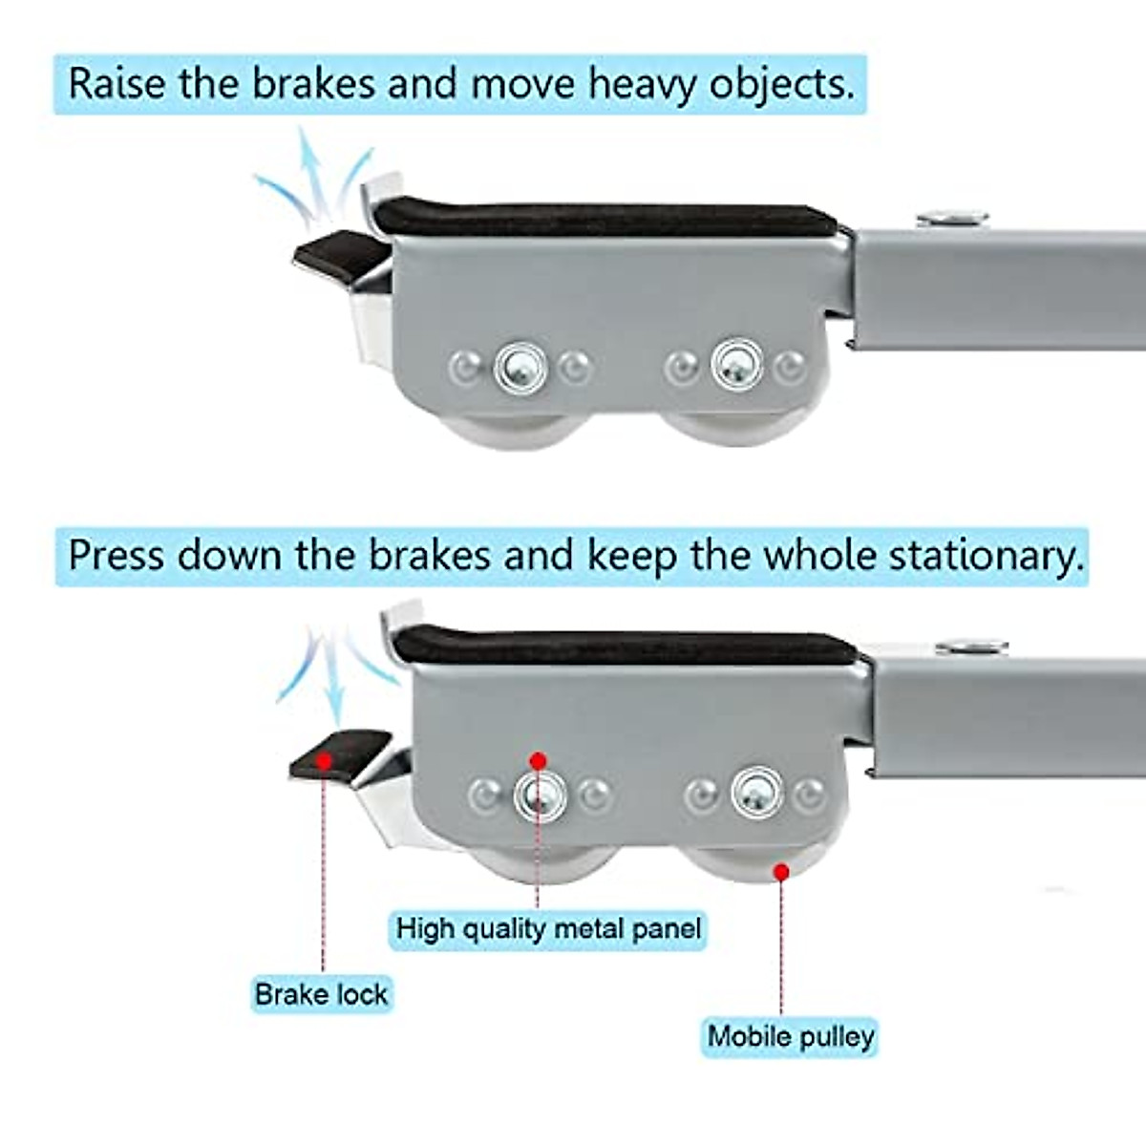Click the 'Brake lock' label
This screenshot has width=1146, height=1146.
tap(321, 994)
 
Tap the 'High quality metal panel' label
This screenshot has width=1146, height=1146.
tap(548, 928)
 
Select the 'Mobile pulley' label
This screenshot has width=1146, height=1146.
tap(790, 1036)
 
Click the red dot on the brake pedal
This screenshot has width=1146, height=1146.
tap(325, 760)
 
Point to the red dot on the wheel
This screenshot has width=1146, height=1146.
tap(781, 871)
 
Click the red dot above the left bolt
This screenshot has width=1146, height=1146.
tap(538, 761)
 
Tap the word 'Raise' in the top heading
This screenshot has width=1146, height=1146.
tap(117, 84)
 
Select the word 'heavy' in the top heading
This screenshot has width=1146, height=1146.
tap(642, 84)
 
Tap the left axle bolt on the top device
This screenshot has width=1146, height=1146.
tap(520, 367)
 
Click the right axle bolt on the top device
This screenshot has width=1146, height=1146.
tap(736, 365)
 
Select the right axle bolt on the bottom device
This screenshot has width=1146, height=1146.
tap(757, 793)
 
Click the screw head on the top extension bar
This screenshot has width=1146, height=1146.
tap(951, 219)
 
